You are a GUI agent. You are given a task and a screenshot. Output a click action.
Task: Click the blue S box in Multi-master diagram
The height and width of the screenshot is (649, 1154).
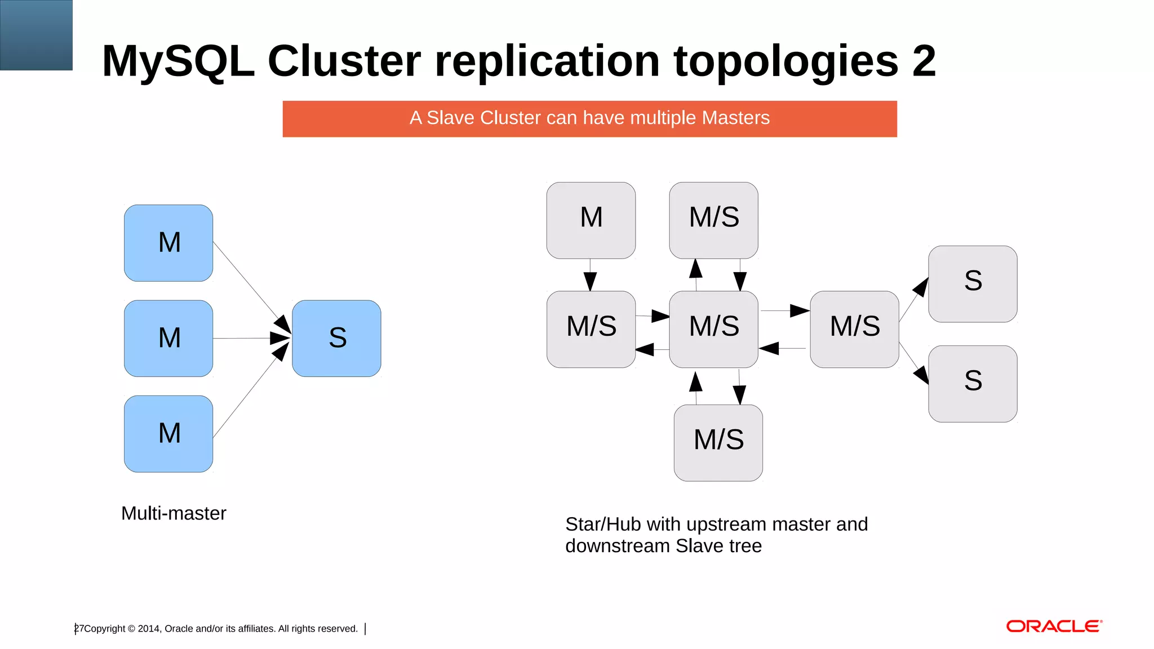pos(336,338)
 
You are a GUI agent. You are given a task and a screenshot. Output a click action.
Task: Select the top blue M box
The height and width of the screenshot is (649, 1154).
pos(168,243)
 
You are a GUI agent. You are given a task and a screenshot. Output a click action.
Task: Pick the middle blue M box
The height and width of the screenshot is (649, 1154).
pos(168,338)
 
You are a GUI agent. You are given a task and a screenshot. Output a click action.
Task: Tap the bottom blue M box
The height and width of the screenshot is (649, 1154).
pos(168,433)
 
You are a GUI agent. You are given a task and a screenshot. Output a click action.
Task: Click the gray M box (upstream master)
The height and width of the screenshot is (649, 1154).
pos(591,220)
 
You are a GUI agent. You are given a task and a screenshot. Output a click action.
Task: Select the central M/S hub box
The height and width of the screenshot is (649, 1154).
pos(713,329)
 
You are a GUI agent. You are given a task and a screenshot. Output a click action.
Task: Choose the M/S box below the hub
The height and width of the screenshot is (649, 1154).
pos(718,442)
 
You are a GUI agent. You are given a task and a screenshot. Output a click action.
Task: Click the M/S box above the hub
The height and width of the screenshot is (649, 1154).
pos(713,220)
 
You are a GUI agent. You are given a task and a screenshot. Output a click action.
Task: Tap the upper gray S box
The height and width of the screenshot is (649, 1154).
pos(973,283)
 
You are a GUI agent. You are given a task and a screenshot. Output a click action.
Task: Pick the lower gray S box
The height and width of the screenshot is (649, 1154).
pos(973,384)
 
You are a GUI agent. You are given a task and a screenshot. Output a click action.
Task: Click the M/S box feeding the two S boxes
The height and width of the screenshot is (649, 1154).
pos(854,329)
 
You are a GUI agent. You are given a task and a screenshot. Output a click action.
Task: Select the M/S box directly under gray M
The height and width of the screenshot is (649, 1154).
pos(591,329)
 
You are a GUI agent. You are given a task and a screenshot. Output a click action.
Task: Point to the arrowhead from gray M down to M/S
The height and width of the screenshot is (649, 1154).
pos(590,281)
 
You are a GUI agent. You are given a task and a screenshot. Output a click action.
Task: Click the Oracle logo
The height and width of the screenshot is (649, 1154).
pos(1054,626)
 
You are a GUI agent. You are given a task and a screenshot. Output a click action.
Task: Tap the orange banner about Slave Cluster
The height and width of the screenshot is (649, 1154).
pos(589,118)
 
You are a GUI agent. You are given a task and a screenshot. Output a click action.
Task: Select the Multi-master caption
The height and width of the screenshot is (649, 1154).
pos(174,513)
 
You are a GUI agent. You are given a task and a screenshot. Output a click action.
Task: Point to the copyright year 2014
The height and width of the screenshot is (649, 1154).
pos(148,629)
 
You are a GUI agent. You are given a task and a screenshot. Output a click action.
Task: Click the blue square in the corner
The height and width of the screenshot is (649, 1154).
pos(36,35)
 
